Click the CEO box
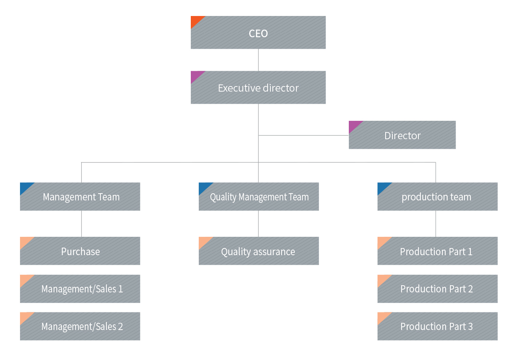coord(258,33)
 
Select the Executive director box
coord(258,88)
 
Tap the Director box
coord(402,135)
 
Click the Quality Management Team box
coord(259,197)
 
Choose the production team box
coord(437,197)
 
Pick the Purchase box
coord(80,251)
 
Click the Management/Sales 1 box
coord(80,289)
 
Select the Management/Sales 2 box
coord(80,326)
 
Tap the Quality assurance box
coord(259,251)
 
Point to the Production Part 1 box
coord(437,251)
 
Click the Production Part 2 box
coord(437,289)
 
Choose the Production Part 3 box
coord(437,326)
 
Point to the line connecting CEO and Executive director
coord(258,60)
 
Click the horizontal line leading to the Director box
coord(304,136)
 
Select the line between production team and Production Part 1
coord(436,224)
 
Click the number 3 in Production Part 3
coord(470,326)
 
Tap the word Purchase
coord(80,252)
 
